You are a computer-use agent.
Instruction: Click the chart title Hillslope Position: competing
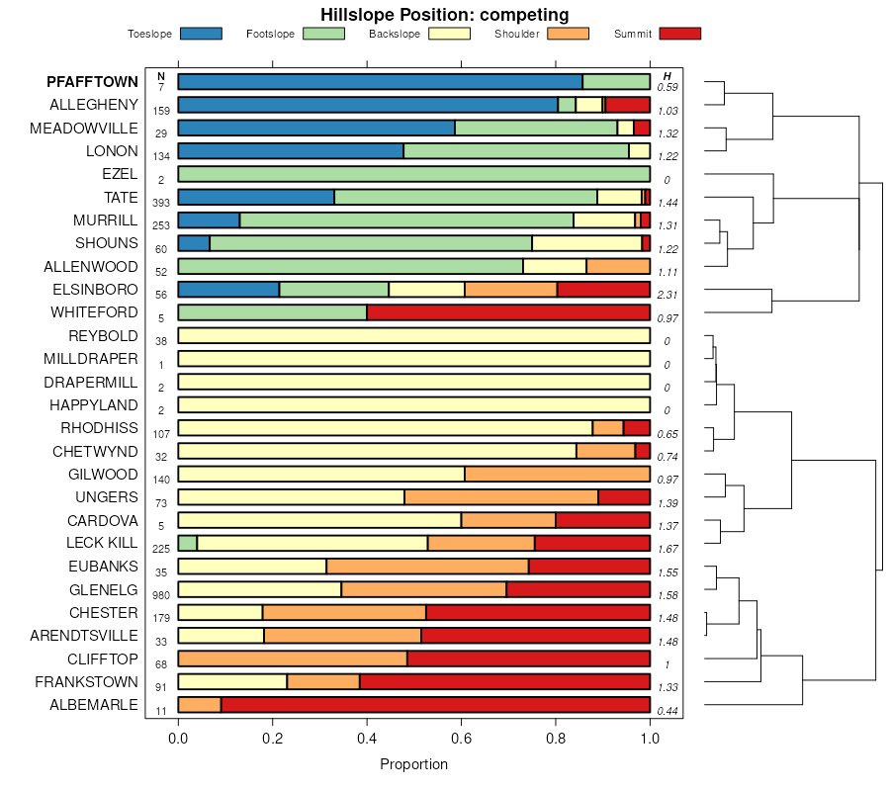pyautogui.click(x=444, y=14)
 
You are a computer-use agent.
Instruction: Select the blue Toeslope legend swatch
pyautogui.click(x=202, y=34)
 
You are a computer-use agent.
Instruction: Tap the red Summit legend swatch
pyautogui.click(x=679, y=34)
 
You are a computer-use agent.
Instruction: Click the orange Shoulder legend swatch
pyautogui.click(x=568, y=34)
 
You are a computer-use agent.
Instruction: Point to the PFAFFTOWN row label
pyautogui.click(x=92, y=81)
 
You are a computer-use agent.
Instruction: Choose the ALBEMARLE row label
pyautogui.click(x=94, y=705)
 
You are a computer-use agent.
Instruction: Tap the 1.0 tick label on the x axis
pyautogui.click(x=650, y=738)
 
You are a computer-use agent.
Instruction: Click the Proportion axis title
pyautogui.click(x=413, y=764)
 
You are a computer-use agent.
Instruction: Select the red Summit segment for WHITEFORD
pyautogui.click(x=508, y=312)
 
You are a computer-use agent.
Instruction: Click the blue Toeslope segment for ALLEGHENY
pyautogui.click(x=368, y=105)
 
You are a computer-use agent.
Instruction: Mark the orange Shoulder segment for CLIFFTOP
pyautogui.click(x=293, y=659)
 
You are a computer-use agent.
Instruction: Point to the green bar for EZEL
pyautogui.click(x=413, y=174)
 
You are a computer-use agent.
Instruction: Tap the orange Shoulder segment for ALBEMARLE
pyautogui.click(x=200, y=705)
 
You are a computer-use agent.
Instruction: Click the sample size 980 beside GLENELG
pyautogui.click(x=161, y=595)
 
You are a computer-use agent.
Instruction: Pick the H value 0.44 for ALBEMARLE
pyautogui.click(x=667, y=710)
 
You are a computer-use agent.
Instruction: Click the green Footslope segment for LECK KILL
pyautogui.click(x=188, y=543)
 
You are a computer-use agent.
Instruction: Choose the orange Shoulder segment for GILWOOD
pyautogui.click(x=557, y=474)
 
